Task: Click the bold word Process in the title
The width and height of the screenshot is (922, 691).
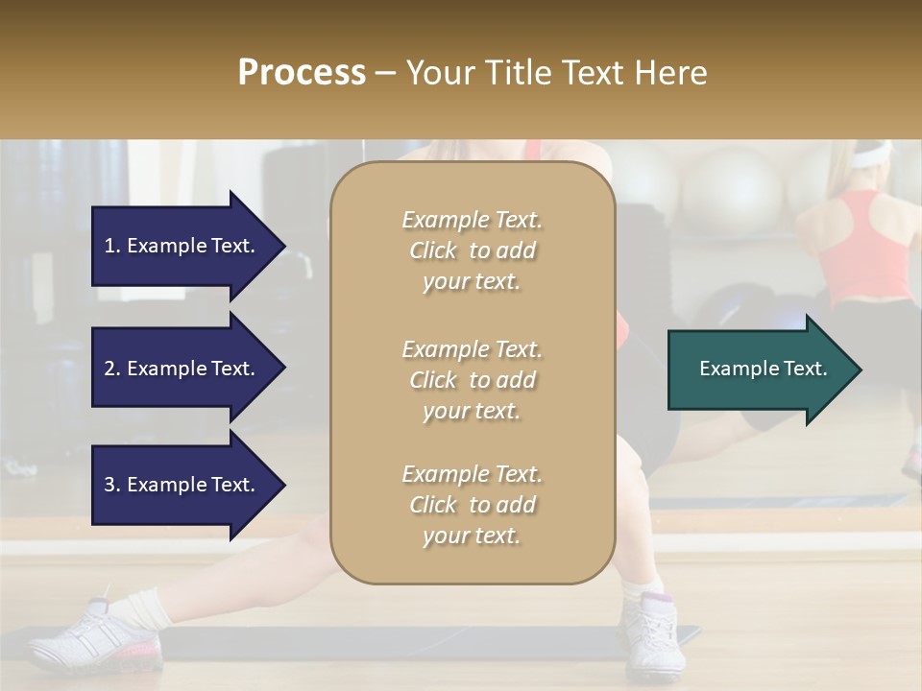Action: [x=302, y=73]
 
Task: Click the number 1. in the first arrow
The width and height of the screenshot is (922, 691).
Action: [x=112, y=246]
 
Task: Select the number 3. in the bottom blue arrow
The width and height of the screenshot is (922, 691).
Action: [x=112, y=485]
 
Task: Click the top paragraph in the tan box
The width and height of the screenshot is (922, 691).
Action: [x=472, y=250]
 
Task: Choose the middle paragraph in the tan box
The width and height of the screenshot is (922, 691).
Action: [x=472, y=380]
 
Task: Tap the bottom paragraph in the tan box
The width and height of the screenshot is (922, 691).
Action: [x=472, y=505]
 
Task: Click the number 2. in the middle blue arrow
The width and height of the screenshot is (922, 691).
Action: [x=112, y=369]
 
